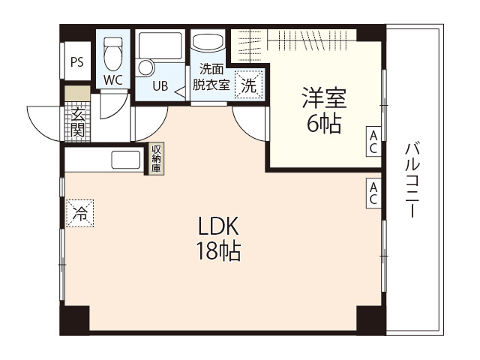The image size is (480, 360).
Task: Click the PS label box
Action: tap(76, 62)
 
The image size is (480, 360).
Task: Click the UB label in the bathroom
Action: tap(160, 85)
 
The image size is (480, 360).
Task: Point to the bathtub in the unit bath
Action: tap(160, 46)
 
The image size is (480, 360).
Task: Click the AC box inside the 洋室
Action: tap(373, 141)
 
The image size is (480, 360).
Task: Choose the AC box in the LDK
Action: tap(373, 193)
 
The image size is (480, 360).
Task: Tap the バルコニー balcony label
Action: tap(412, 180)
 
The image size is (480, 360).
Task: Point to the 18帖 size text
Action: tap(218, 252)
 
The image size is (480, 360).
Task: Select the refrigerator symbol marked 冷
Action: tap(80, 213)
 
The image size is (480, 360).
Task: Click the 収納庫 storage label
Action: tap(156, 158)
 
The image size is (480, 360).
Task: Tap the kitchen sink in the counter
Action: tap(125, 160)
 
